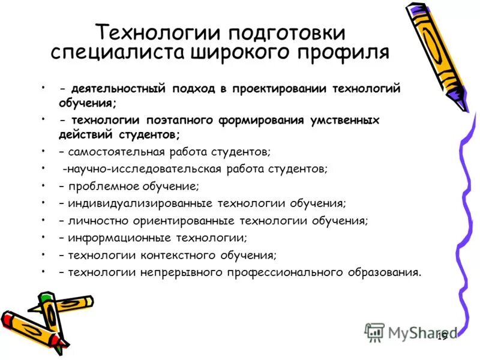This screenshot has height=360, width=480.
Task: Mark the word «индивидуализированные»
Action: click(134, 203)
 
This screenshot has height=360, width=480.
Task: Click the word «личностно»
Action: click(93, 221)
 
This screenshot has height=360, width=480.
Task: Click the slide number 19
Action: click(443, 336)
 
